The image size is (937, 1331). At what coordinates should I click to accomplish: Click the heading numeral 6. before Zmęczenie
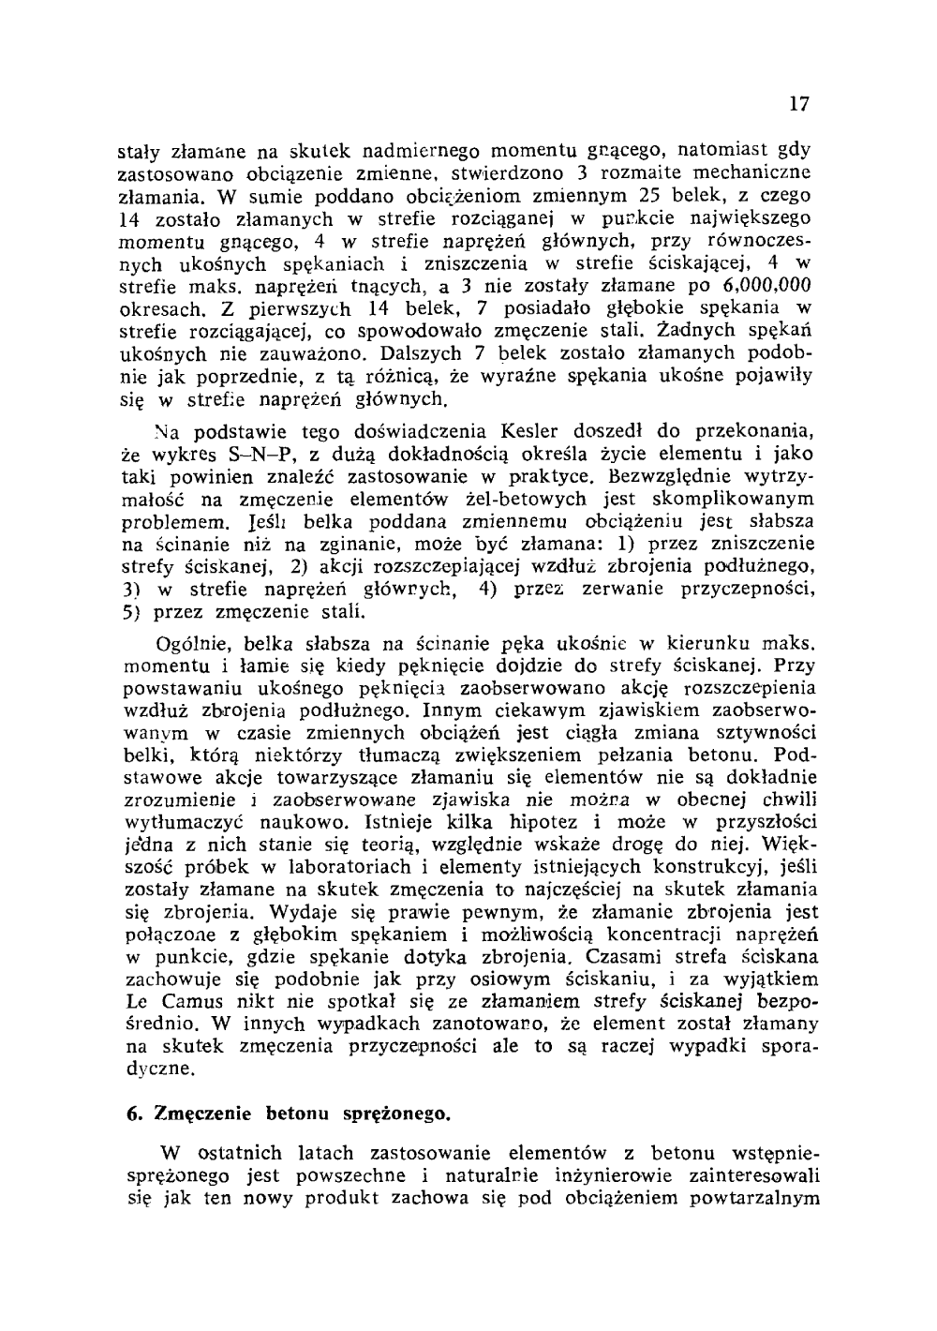pos(134,1114)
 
